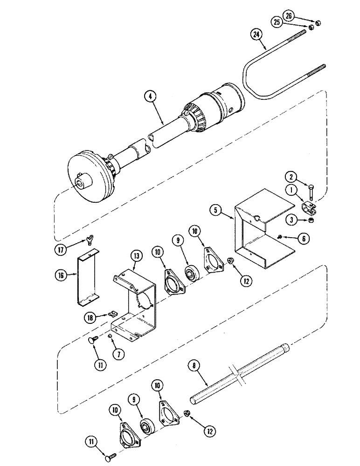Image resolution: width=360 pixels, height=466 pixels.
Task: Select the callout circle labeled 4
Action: point(150,97)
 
